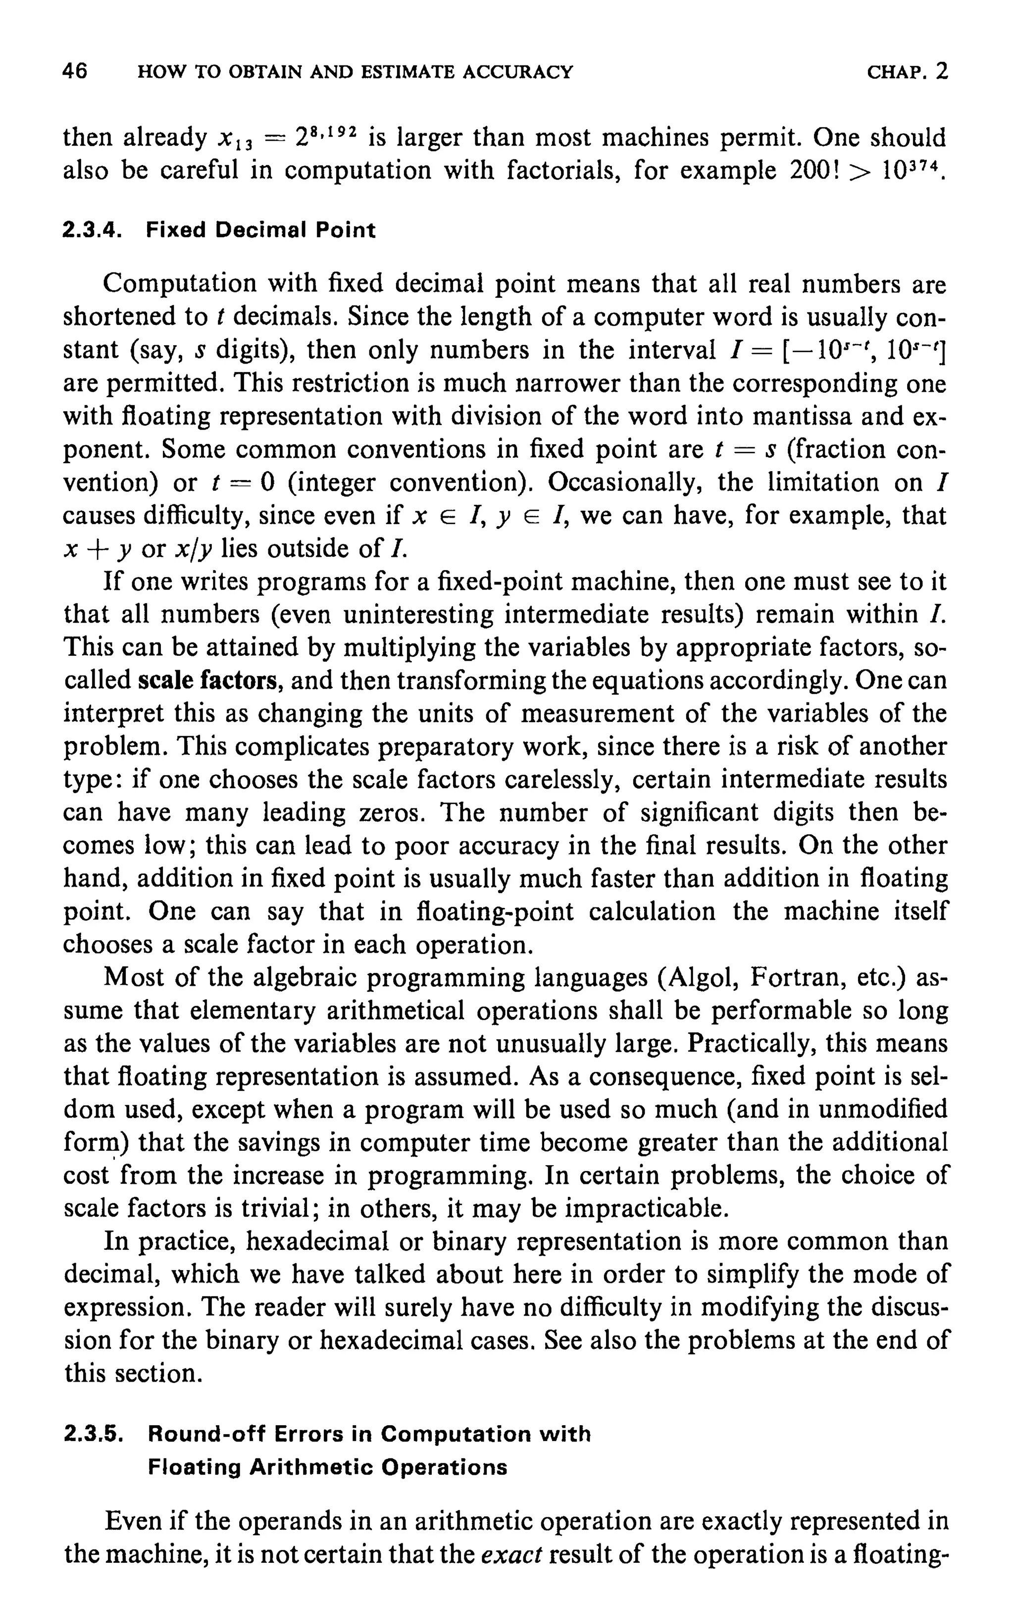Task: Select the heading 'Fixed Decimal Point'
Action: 260,231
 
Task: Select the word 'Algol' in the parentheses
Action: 698,978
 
